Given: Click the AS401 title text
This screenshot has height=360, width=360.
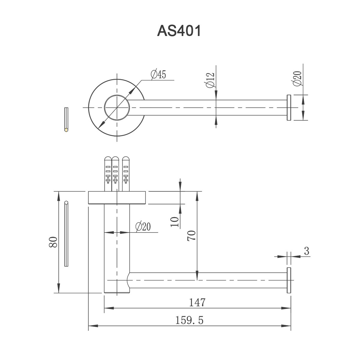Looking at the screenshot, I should pos(179,31).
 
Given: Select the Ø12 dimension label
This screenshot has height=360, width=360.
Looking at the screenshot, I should pos(210,80).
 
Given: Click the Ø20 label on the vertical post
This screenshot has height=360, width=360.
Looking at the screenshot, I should pos(143,227).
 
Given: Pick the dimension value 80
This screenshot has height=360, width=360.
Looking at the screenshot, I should pos(53,242).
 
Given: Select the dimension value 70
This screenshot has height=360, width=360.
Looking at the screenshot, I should pos(192,235).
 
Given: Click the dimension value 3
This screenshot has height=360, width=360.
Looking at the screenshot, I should pos(306,251).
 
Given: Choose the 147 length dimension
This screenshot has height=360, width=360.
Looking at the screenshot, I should pos(197,302).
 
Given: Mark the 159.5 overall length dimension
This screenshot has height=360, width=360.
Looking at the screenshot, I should pos(189,320).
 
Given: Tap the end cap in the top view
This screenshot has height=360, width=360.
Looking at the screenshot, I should pos(289,108).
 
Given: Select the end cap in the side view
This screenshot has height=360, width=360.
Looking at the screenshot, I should pos(289,280).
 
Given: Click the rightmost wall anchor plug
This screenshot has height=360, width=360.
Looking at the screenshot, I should pos(126,173).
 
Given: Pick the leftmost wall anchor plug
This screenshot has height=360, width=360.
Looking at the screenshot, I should pos(107,173).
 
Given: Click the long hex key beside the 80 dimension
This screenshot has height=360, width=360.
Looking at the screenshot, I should pos(66,233).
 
